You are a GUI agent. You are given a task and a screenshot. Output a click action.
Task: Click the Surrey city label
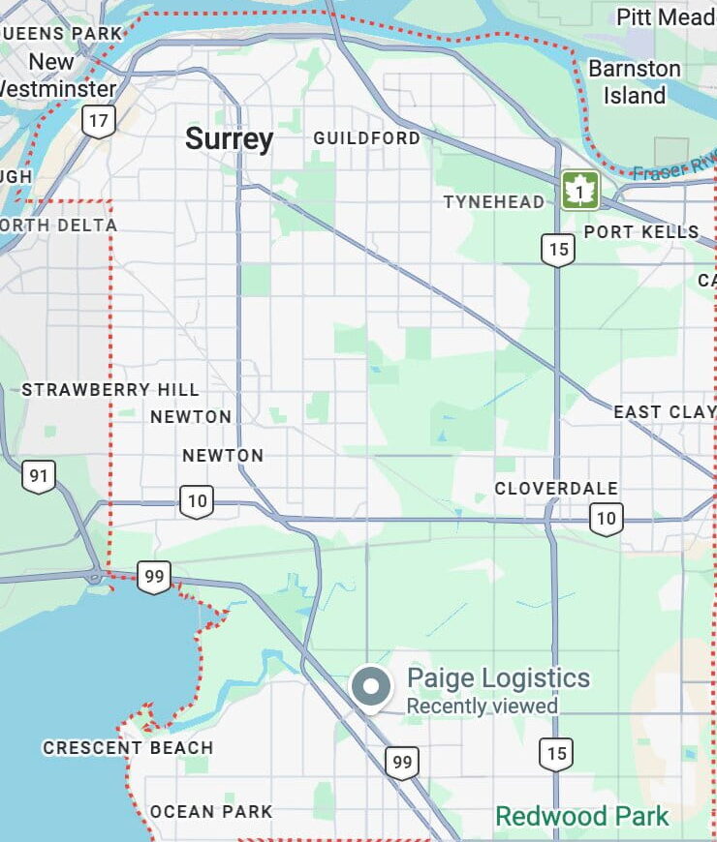[230, 139]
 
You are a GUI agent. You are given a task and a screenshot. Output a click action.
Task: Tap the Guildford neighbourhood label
[366, 138]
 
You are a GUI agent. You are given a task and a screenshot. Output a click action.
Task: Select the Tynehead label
[493, 202]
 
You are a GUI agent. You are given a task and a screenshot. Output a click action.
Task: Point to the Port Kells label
[640, 232]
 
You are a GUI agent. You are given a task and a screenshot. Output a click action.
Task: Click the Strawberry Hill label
[110, 390]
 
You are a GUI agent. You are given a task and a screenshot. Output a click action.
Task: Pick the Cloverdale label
[556, 489]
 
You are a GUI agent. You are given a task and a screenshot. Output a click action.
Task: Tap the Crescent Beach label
[128, 748]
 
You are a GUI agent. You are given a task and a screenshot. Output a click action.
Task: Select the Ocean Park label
[211, 812]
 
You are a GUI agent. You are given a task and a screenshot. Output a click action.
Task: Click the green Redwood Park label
[582, 816]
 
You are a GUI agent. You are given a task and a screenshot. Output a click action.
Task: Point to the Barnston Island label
[635, 82]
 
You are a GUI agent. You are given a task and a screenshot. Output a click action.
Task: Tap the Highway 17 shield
[99, 121]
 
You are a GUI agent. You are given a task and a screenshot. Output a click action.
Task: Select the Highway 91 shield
[39, 475]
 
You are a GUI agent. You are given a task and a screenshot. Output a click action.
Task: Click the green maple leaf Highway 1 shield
[579, 191]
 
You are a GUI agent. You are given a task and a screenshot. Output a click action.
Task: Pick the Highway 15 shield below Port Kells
[557, 250]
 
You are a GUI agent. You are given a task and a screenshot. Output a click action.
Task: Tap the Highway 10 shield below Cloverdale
[606, 519]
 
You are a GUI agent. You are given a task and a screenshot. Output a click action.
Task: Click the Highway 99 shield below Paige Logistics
[402, 763]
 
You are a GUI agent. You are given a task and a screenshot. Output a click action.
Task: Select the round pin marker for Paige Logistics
[370, 687]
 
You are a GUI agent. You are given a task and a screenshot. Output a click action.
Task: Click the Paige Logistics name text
[498, 677]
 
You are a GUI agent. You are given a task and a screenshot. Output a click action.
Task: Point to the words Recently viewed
[482, 707]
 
